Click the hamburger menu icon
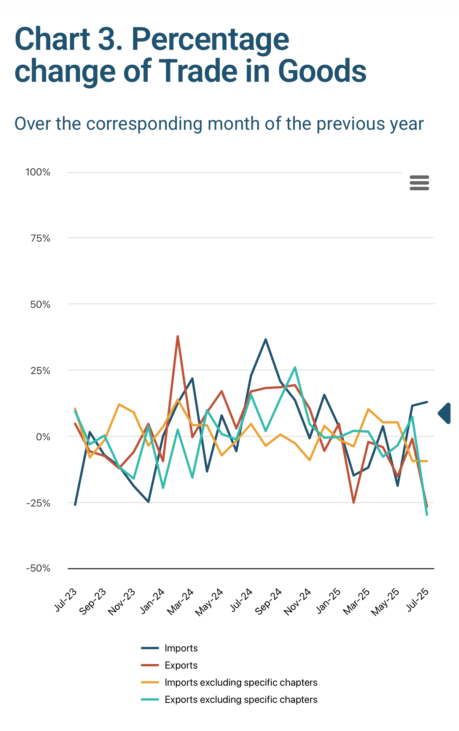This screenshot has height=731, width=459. [419, 183]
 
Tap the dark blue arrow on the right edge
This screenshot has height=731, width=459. [445, 413]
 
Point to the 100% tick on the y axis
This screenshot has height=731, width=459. [38, 172]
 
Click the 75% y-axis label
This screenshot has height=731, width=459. [40, 238]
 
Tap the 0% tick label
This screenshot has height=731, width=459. [43, 436]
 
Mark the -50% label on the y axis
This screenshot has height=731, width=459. [38, 569]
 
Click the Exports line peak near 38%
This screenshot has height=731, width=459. [178, 336]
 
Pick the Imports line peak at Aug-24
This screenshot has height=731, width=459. [266, 339]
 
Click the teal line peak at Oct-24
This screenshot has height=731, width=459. [295, 368]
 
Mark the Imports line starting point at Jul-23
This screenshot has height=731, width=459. [75, 505]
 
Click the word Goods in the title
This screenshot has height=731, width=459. [322, 71]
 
